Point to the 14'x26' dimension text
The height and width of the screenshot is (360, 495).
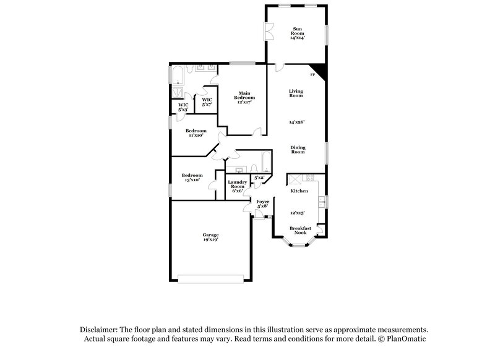296,122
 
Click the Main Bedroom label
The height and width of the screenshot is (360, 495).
241,98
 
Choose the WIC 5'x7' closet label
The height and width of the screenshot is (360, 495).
207,102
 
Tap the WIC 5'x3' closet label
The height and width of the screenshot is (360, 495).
183,107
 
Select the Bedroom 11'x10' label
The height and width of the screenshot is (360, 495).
196,133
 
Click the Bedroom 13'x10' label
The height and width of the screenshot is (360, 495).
192,178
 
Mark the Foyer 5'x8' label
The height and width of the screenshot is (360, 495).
262,204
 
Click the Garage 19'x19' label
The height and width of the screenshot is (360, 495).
210,237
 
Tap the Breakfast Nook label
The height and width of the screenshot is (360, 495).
300,230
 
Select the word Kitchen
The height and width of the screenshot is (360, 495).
299,191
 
